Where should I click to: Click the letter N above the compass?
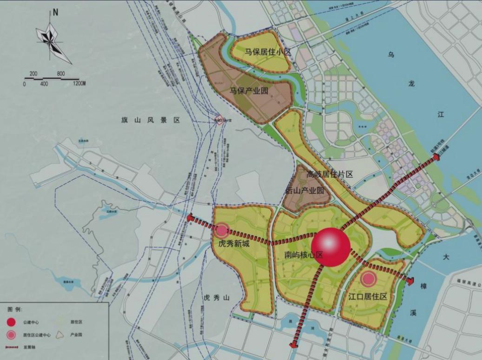tap(55, 13)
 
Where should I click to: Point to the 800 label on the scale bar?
tap(61, 73)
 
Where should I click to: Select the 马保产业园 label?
tap(249, 91)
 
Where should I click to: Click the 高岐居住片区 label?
tap(330, 174)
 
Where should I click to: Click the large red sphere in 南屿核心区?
tap(330, 247)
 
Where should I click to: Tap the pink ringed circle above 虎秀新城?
tap(221, 230)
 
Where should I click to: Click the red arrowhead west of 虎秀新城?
tap(191, 218)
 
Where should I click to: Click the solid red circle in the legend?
tap(11, 322)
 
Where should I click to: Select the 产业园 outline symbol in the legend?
tap(59, 334)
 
